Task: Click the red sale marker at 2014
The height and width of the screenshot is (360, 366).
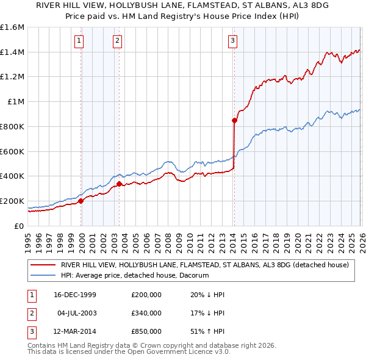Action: (234, 120)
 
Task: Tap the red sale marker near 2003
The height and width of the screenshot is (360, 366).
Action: (119, 183)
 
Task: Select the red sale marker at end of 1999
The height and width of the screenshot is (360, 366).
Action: (81, 201)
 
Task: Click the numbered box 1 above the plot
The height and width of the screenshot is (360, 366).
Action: (80, 41)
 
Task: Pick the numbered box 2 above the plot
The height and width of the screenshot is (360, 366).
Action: (117, 41)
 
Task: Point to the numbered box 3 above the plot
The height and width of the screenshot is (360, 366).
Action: (233, 41)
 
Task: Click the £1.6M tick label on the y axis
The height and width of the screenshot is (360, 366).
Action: (12, 27)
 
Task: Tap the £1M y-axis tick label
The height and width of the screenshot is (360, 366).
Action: (16, 102)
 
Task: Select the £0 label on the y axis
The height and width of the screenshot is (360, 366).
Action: (20, 226)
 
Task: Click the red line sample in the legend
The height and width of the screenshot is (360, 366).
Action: (43, 265)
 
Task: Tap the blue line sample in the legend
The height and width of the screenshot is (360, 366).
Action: (43, 276)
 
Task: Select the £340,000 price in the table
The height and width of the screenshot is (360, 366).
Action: (146, 313)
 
